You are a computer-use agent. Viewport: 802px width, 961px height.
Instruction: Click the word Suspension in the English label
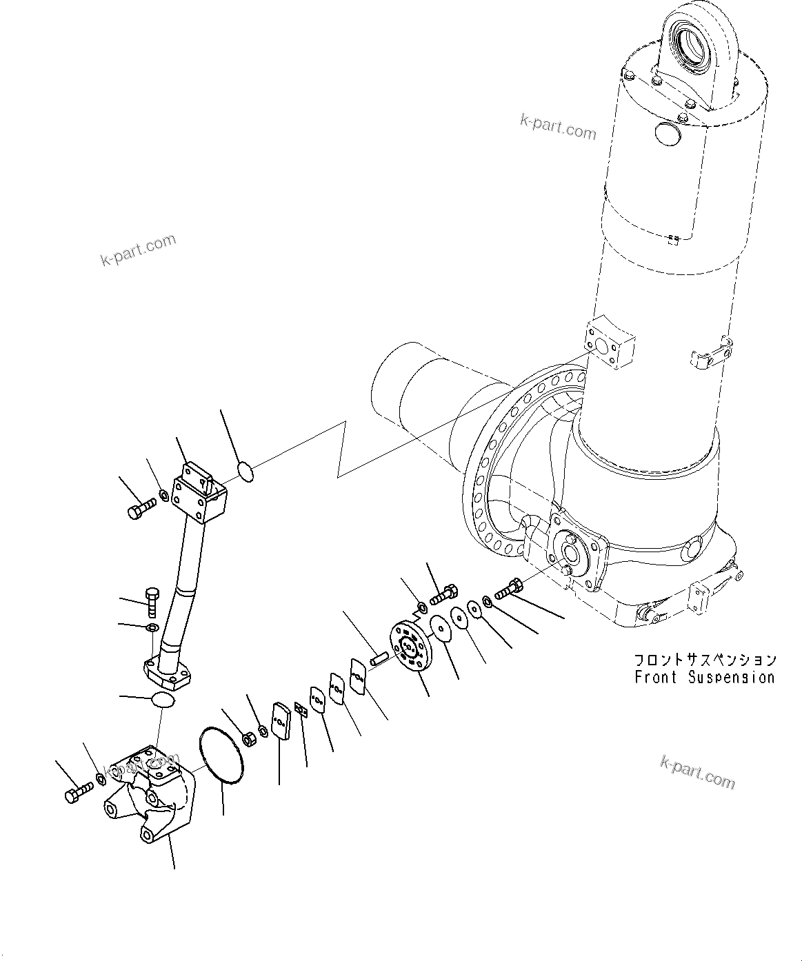pos(732,677)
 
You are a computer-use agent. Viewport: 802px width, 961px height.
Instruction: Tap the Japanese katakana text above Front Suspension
pos(705,660)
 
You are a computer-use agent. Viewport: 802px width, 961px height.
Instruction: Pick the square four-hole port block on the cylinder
pos(608,345)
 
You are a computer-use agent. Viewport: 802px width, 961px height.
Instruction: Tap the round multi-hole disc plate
pos(410,645)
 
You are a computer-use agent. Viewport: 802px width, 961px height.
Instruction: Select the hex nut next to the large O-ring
pos(250,740)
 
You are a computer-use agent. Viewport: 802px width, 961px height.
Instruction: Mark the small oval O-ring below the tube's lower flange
pos(163,700)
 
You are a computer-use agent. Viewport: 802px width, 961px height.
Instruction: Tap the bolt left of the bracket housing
pos(77,793)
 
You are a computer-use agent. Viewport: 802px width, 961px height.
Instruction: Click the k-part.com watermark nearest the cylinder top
pos(558,128)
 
